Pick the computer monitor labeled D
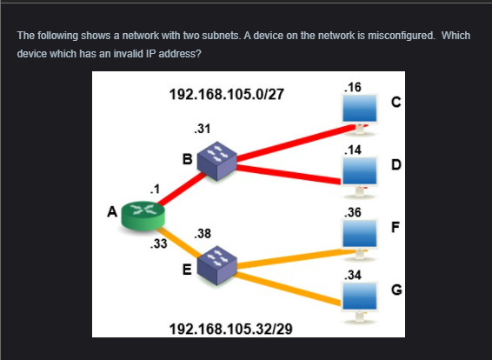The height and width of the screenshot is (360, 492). pos(359,172)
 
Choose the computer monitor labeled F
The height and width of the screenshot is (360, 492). pos(359,235)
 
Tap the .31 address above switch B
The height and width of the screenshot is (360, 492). pos(203,129)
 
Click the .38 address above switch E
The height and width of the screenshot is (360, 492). pos(203,234)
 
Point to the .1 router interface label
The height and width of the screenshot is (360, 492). pos(155,189)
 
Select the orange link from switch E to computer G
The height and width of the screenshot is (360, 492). pos(287,288)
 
